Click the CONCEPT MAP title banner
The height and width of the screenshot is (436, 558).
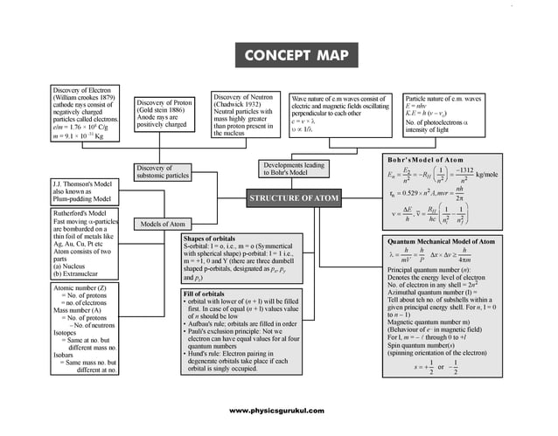pyautogui.click(x=295, y=57)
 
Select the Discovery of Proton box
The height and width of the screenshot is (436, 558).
pyautogui.click(x=167, y=114)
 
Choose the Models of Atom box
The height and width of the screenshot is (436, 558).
pyautogui.click(x=163, y=224)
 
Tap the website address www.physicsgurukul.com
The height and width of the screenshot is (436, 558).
pyautogui.click(x=277, y=411)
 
